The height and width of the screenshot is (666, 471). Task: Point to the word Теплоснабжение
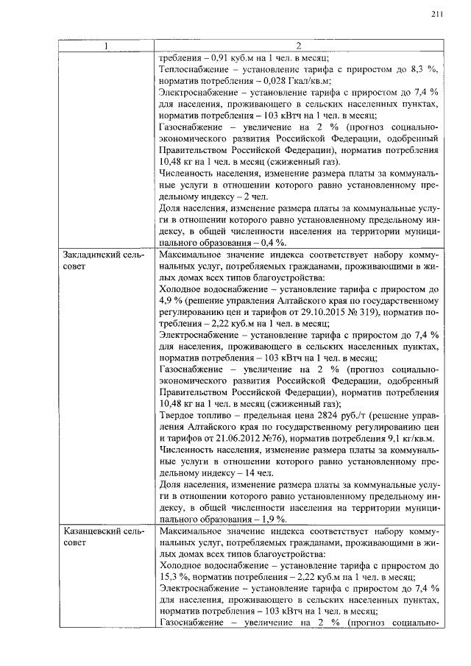[x=194, y=68]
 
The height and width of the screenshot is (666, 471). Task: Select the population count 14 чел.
[x=258, y=474]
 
